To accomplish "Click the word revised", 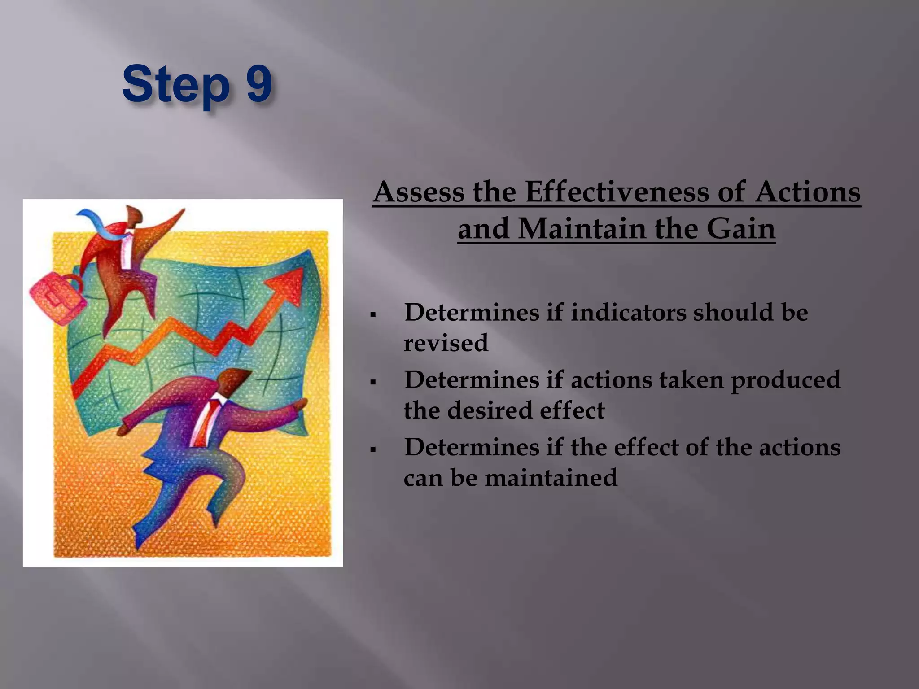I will tap(446, 343).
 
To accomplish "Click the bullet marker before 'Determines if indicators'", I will tap(373, 315).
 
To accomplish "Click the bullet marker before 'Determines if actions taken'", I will tap(373, 383).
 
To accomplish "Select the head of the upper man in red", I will tap(134, 217).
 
